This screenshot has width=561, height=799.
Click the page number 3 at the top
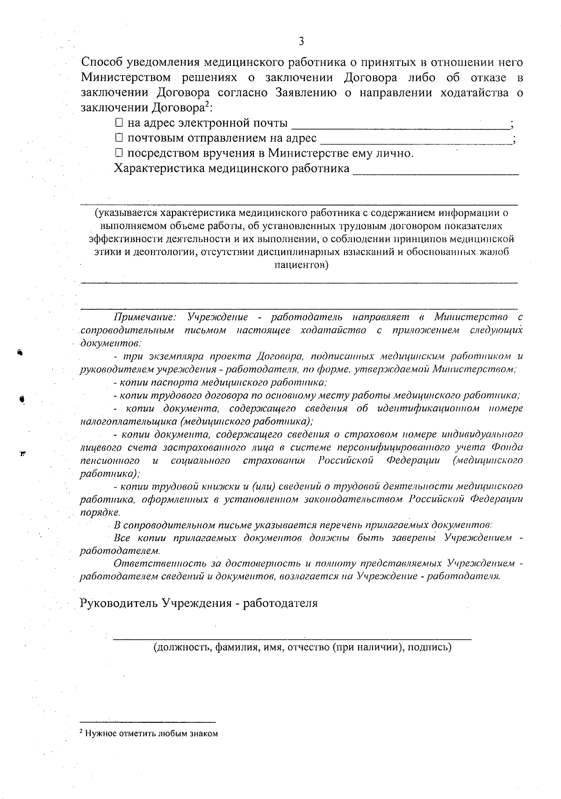pyautogui.click(x=301, y=42)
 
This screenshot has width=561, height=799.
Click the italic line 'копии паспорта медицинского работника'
pyautogui.click(x=220, y=382)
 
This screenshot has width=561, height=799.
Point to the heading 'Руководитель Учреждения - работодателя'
pyautogui.click(x=199, y=603)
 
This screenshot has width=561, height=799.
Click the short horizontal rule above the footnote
pyautogui.click(x=148, y=721)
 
